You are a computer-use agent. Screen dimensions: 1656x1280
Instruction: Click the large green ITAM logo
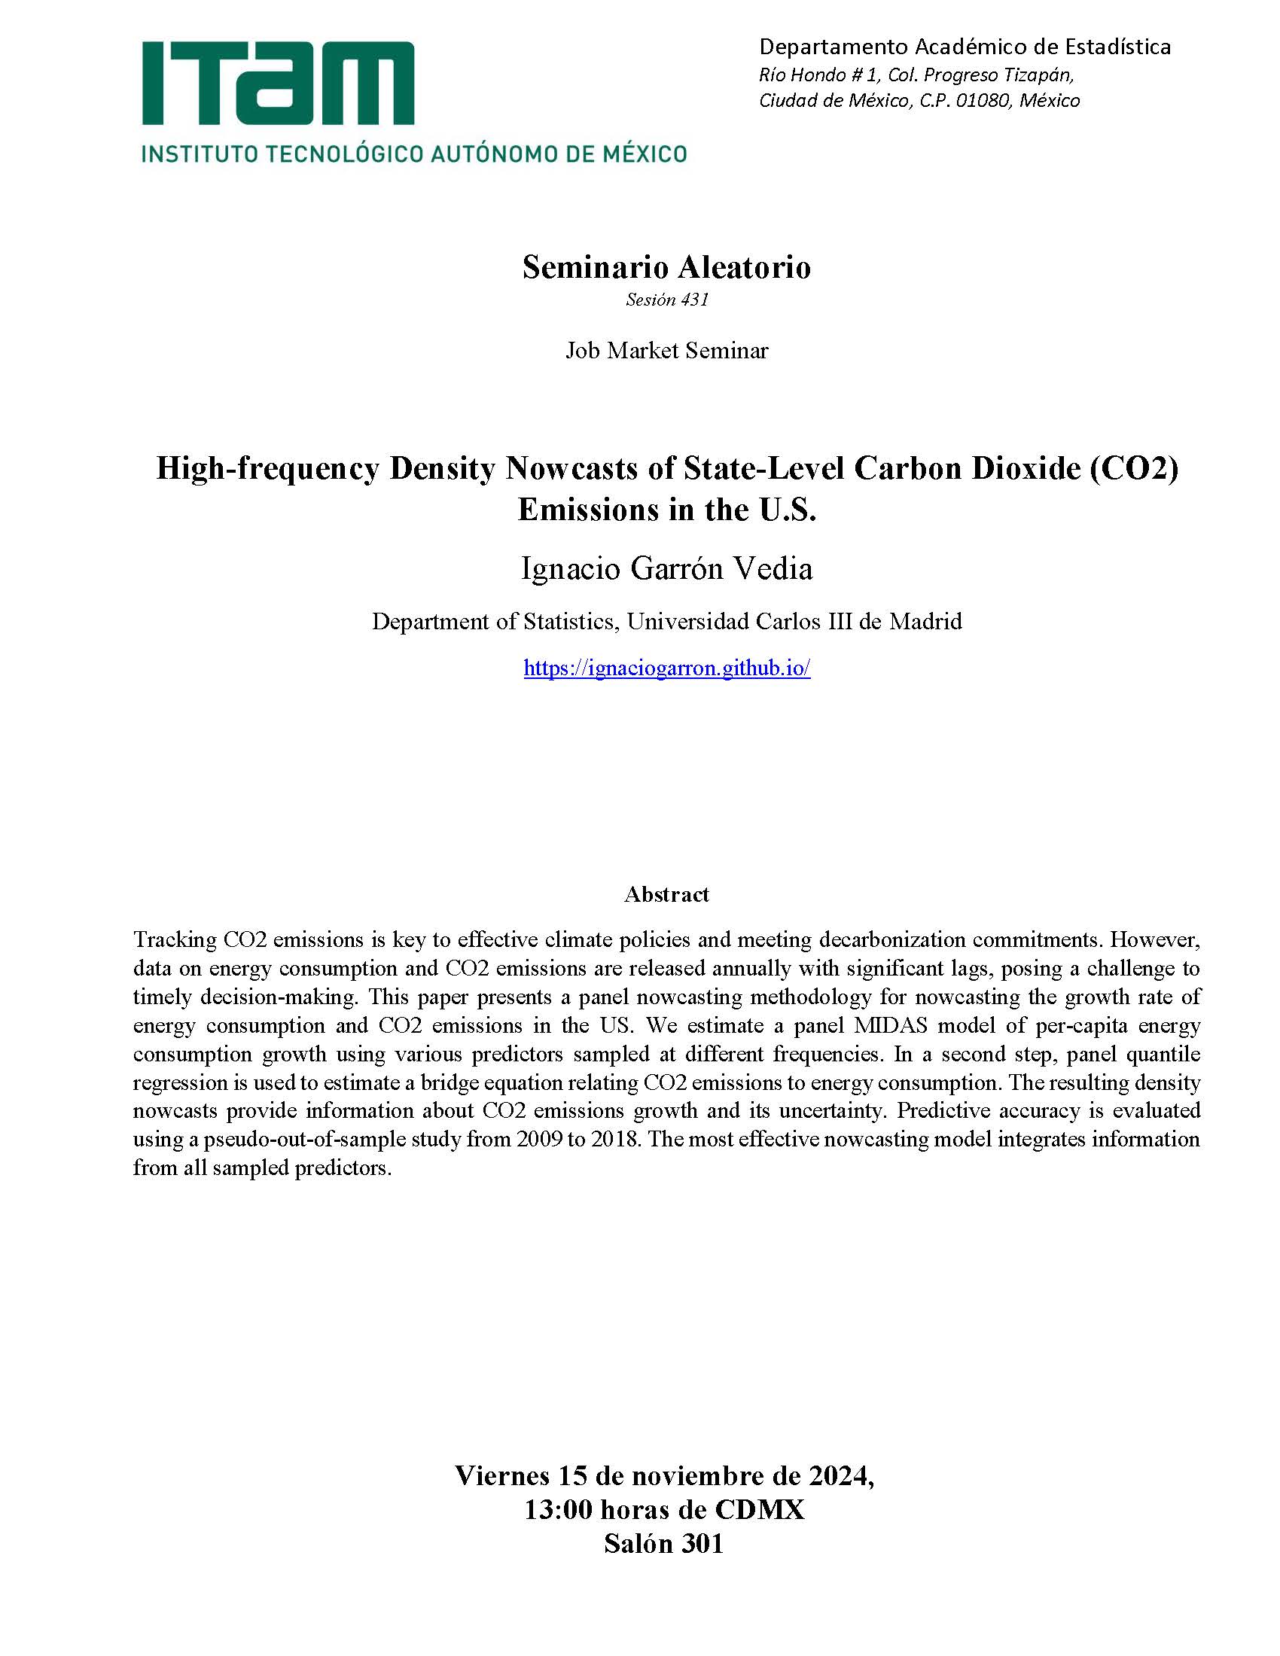(278, 84)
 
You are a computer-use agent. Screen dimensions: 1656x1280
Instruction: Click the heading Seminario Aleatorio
(666, 267)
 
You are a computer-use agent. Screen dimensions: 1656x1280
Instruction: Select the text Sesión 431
(666, 300)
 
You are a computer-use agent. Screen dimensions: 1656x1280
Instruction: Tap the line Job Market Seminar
(666, 350)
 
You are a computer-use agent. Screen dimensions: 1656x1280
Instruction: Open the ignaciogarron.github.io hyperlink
(666, 668)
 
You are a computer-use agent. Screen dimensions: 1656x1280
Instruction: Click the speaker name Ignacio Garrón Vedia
(666, 568)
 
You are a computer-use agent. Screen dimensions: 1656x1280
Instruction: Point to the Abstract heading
(666, 894)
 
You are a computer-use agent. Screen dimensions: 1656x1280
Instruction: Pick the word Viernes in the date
(502, 1475)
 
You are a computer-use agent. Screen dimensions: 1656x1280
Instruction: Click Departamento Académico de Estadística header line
(965, 47)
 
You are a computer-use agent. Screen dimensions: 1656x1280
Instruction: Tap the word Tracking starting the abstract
(175, 939)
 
